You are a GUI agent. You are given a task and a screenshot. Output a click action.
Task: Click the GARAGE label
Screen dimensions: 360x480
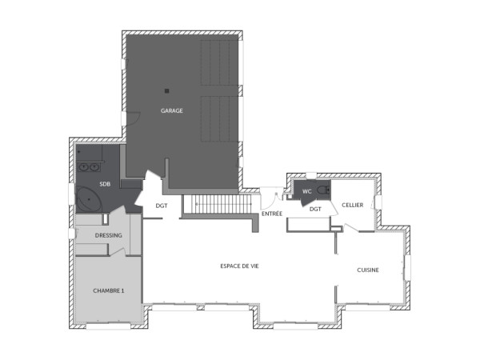pos(172,111)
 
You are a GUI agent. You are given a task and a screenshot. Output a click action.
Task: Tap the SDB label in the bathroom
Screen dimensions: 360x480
pos(105,184)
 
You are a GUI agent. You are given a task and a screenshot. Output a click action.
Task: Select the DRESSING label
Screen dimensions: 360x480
pos(108,235)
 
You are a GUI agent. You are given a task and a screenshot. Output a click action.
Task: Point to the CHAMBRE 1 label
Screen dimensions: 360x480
pos(108,290)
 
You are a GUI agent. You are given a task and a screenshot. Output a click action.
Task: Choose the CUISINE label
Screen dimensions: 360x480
pos(368,270)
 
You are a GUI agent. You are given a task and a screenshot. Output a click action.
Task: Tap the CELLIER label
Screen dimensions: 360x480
pos(353,206)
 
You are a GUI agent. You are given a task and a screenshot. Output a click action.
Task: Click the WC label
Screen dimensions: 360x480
pos(306,192)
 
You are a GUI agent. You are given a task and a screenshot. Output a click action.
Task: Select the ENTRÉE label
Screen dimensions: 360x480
pos(272,214)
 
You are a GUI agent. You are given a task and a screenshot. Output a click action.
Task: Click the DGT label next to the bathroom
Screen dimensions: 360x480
pos(162,206)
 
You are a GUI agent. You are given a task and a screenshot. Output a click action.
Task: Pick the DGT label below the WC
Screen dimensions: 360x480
pos(315,209)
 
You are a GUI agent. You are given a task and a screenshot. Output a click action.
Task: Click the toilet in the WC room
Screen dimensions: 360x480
pos(322,190)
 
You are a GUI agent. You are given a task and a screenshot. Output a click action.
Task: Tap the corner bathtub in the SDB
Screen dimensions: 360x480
pos(85,197)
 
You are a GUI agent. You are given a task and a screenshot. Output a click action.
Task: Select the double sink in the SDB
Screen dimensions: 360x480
pos(89,167)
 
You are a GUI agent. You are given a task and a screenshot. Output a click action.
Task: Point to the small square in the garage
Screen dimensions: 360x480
pos(166,90)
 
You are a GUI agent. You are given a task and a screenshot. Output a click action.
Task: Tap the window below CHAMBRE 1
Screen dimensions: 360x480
pos(108,326)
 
